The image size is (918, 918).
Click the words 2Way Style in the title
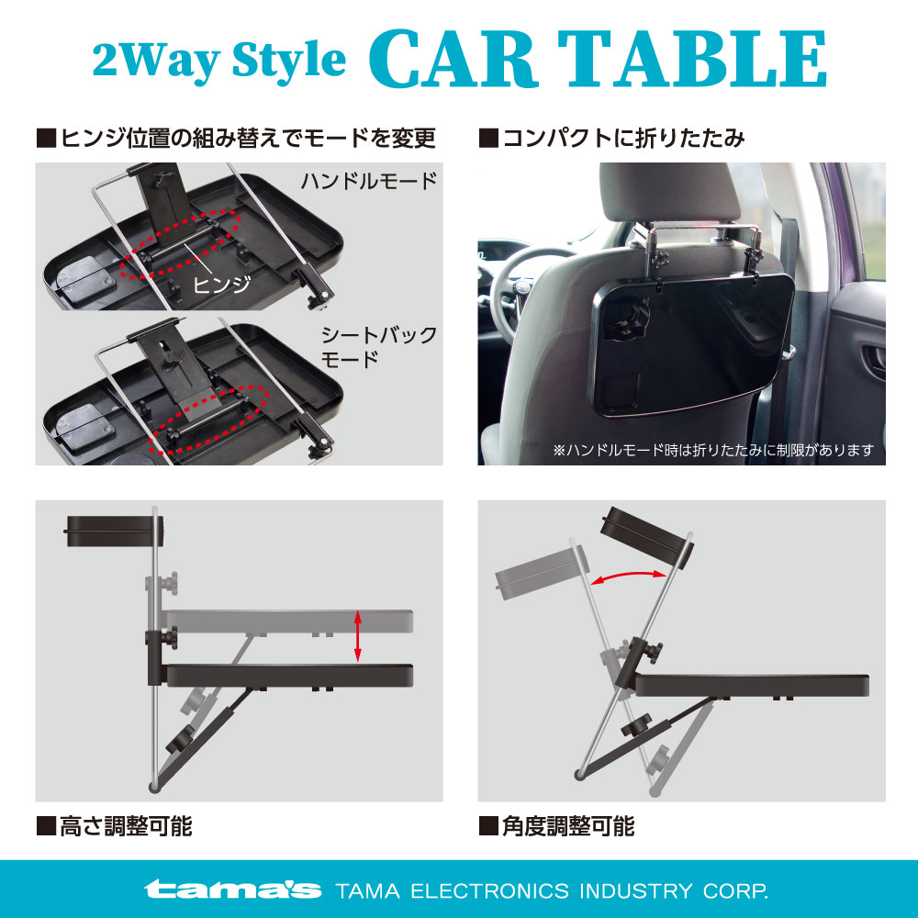(219, 60)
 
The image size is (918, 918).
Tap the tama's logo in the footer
(232, 890)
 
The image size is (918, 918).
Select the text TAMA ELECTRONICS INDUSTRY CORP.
(552, 891)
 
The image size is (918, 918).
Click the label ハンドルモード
(369, 180)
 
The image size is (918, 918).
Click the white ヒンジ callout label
(222, 285)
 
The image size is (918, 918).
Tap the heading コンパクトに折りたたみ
(612, 139)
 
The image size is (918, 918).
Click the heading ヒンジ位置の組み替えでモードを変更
(236, 139)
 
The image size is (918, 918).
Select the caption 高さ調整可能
(115, 826)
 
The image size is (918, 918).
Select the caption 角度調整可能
(557, 826)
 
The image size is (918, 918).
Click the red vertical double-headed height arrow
(358, 636)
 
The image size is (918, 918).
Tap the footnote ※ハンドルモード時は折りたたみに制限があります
(713, 450)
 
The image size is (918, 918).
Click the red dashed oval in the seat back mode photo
(207, 419)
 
